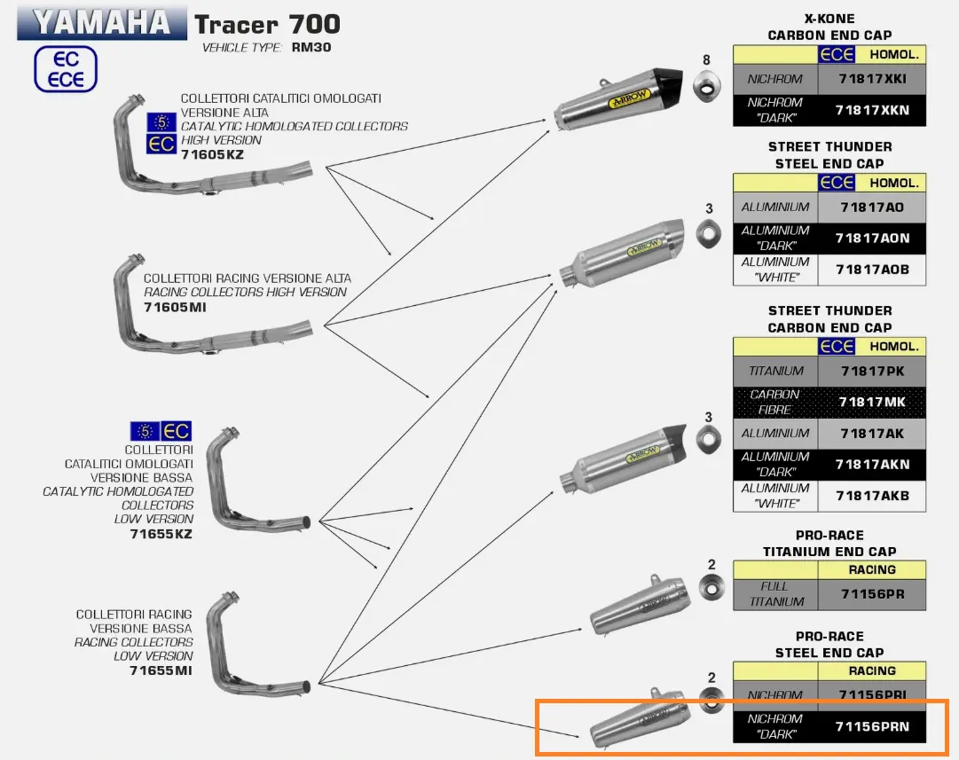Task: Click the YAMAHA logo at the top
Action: (101, 22)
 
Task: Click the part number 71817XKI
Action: (870, 78)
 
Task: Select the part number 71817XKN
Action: (870, 110)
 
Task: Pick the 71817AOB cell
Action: (870, 270)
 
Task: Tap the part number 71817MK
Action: (870, 403)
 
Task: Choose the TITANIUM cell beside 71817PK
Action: (775, 371)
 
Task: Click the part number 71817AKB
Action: (870, 496)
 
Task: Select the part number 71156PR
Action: (870, 593)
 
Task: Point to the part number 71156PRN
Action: (870, 727)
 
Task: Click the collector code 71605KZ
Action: (212, 154)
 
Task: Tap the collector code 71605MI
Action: (175, 308)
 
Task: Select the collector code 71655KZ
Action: (161, 534)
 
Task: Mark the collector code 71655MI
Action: (161, 670)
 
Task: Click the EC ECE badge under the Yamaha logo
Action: (66, 70)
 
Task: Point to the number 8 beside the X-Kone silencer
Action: (706, 60)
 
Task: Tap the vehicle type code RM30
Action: (310, 48)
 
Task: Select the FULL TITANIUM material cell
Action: (775, 593)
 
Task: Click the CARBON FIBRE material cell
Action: (775, 403)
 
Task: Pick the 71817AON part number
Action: (870, 238)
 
